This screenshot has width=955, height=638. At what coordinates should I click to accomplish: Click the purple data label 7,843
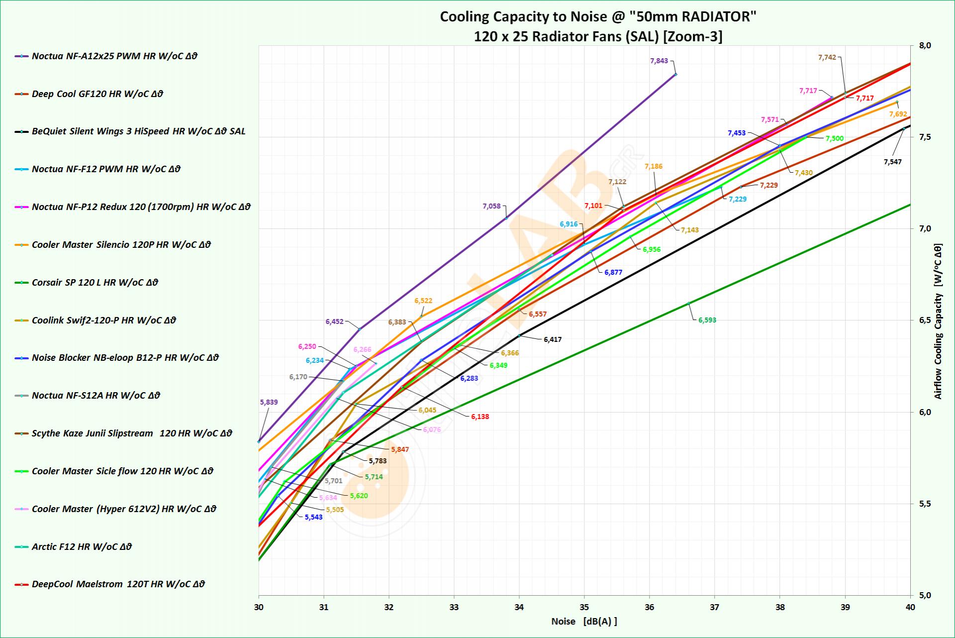(659, 61)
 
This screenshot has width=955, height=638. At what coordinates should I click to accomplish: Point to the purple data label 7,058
(491, 206)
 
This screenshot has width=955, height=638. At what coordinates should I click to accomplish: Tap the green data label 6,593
(707, 320)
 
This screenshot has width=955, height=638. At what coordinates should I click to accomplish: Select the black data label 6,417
(552, 339)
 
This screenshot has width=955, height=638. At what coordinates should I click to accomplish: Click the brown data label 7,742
(827, 57)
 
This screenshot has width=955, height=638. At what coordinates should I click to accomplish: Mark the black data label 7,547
(892, 162)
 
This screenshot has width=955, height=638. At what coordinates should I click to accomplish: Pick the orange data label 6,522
(423, 301)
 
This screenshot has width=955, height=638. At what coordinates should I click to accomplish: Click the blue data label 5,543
(313, 517)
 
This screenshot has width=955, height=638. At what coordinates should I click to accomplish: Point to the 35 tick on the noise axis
(584, 607)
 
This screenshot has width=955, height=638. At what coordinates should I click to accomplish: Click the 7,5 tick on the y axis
(925, 137)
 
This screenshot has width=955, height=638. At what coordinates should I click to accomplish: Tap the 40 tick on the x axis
(910, 607)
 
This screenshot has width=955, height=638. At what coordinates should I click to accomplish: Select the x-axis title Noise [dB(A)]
(584, 621)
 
